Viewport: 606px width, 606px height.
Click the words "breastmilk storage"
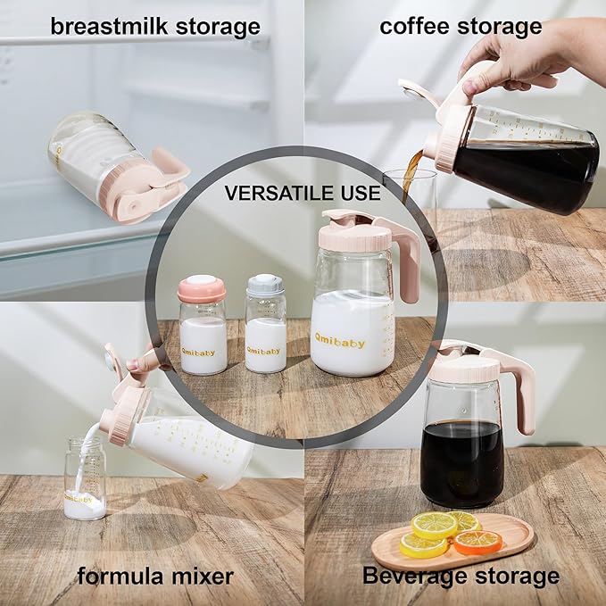click(x=154, y=26)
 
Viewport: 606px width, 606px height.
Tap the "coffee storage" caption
click(x=461, y=26)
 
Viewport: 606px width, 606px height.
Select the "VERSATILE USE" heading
click(x=303, y=192)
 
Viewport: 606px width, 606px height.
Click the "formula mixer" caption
click(x=154, y=576)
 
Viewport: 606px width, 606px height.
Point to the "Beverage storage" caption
click(x=461, y=576)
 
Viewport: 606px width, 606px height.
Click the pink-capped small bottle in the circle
click(x=203, y=326)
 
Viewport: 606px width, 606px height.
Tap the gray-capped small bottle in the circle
click(x=265, y=326)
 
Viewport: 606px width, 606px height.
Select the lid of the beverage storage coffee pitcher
click(x=465, y=366)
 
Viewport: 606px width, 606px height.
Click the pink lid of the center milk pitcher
click(x=355, y=234)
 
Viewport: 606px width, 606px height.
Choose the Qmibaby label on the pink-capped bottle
click(x=203, y=351)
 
